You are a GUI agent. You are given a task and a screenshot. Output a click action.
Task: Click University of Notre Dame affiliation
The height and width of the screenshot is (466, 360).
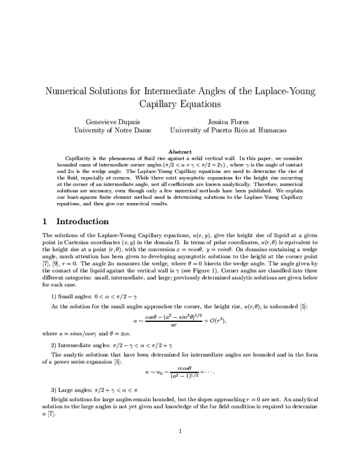tap(112, 130)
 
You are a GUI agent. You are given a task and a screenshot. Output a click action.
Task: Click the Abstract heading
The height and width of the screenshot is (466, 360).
tap(180, 151)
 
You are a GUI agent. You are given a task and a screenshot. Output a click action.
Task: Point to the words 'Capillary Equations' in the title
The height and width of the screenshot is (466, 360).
tap(180, 104)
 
